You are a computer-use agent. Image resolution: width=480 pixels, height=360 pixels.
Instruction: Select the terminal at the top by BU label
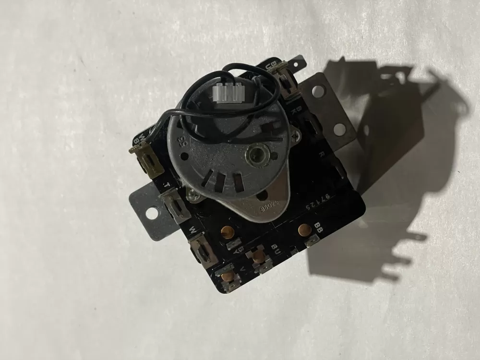[x=283, y=72]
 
